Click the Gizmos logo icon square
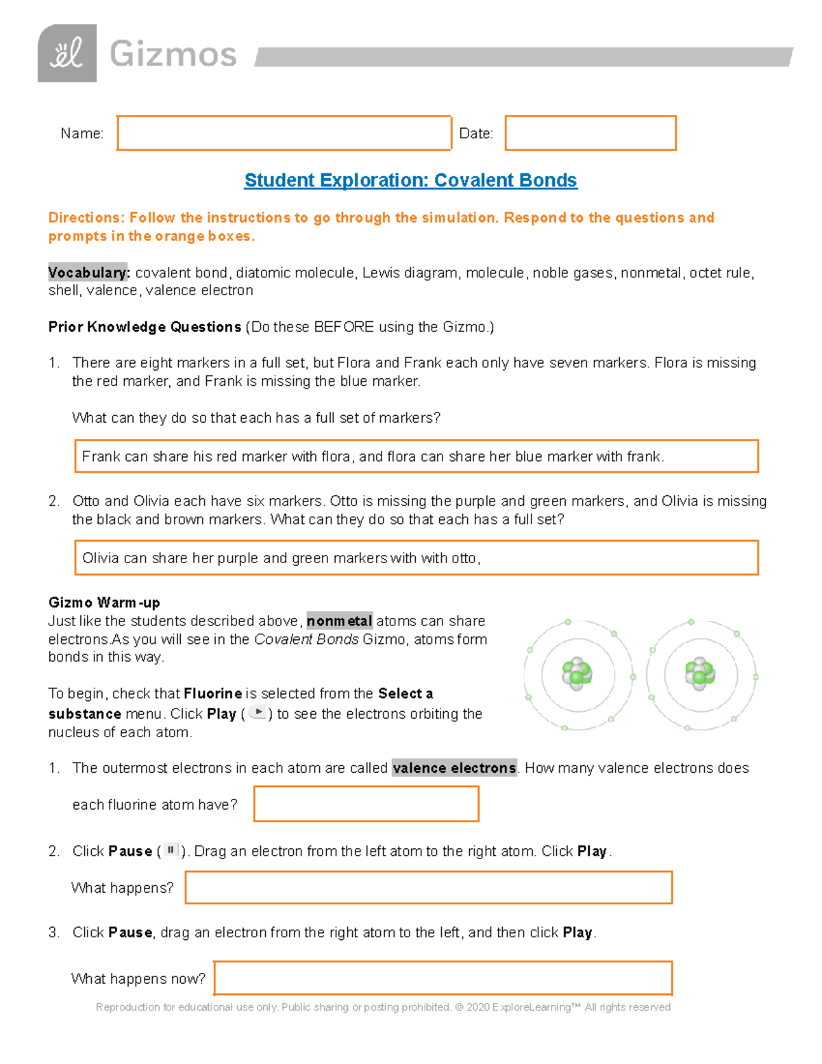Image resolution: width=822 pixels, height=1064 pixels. tap(66, 53)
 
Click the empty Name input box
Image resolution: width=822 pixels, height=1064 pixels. tap(284, 133)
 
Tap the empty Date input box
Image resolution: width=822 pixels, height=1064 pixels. tap(590, 133)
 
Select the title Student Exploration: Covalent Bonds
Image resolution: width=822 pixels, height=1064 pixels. tap(410, 180)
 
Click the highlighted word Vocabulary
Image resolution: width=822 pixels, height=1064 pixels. tap(88, 273)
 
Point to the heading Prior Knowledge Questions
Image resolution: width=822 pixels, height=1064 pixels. tap(145, 327)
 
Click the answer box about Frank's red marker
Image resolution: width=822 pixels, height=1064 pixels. tap(416, 456)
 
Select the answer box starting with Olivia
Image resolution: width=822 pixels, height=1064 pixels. tap(416, 558)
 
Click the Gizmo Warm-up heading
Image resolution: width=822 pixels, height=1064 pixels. tap(104, 602)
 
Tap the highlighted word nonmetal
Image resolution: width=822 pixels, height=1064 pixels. tap(339, 621)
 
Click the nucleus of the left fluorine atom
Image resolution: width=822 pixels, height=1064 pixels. tap(577, 674)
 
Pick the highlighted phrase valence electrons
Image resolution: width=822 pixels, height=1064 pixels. tap(454, 768)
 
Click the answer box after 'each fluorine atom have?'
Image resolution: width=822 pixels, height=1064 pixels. tap(366, 804)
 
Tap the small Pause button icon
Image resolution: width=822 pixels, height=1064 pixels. tap(171, 850)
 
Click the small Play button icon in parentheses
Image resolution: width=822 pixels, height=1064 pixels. tap(258, 713)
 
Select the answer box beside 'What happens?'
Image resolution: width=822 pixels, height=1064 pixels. tap(428, 887)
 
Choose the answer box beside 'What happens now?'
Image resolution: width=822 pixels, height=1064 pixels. tap(443, 978)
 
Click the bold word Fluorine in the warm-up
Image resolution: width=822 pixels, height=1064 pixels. tap(213, 693)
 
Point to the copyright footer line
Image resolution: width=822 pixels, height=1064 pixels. tap(383, 1007)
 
